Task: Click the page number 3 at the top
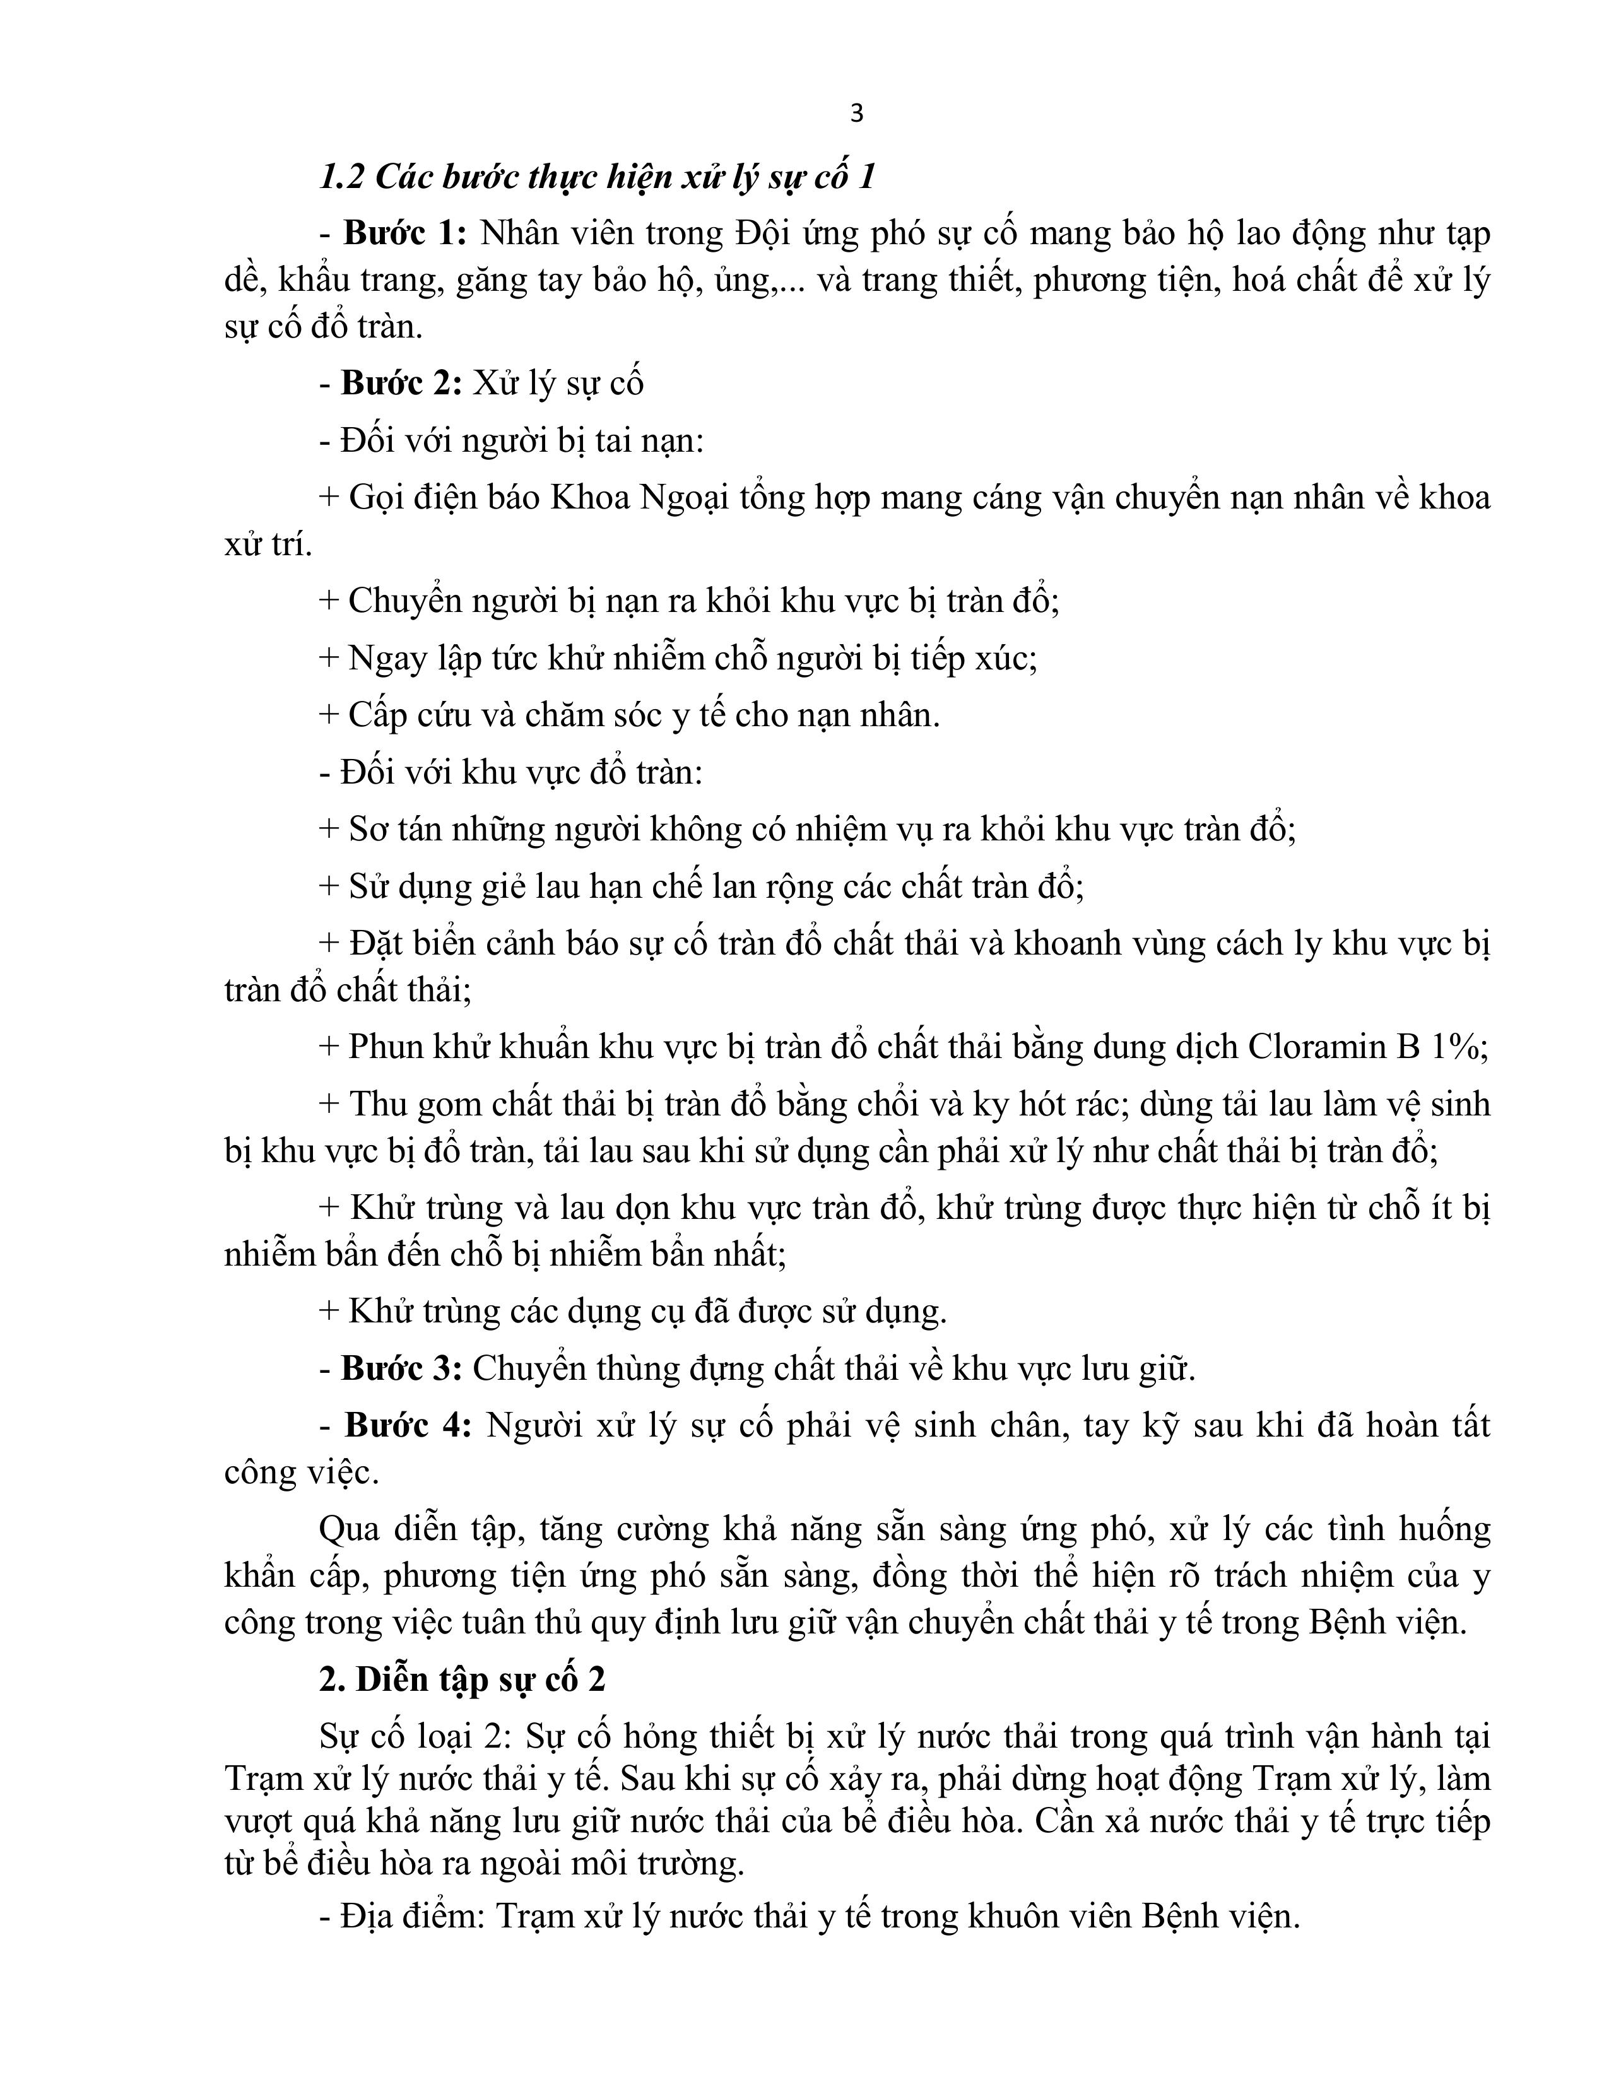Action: (x=856, y=114)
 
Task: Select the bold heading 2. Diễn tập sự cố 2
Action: (x=463, y=1679)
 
